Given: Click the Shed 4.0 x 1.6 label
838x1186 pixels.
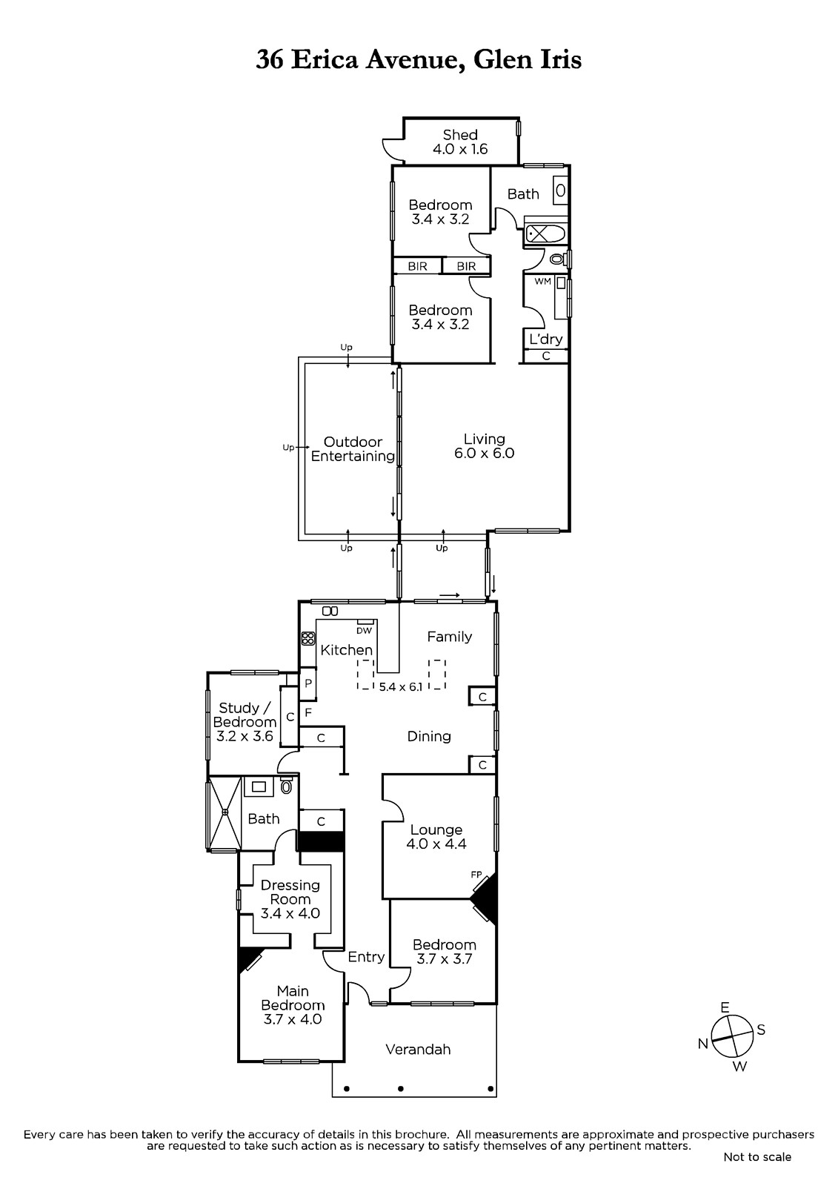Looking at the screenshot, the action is pyautogui.click(x=460, y=142).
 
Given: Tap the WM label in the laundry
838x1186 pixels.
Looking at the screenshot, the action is pyautogui.click(x=542, y=282).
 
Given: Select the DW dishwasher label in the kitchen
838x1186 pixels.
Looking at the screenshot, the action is pyautogui.click(x=365, y=631).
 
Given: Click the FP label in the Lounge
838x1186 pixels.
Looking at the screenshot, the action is pyautogui.click(x=476, y=875).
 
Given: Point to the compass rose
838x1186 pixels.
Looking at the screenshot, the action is pyautogui.click(x=732, y=1036).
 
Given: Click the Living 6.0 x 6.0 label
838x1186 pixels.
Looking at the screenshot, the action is pyautogui.click(x=484, y=445).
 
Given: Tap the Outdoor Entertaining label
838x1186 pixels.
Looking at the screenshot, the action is pyautogui.click(x=353, y=449).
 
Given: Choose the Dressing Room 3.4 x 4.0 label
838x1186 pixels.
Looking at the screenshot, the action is pyautogui.click(x=290, y=899).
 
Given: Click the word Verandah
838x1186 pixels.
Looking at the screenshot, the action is pyautogui.click(x=418, y=1050).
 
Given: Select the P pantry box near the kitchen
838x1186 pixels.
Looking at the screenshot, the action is pyautogui.click(x=307, y=683).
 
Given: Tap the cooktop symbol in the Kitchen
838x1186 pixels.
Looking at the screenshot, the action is pyautogui.click(x=307, y=638).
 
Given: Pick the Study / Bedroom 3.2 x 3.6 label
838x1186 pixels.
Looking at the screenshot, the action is pyautogui.click(x=245, y=722).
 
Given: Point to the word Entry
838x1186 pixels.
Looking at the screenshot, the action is pyautogui.click(x=366, y=957).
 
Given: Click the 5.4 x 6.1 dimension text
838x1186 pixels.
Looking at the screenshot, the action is pyautogui.click(x=401, y=687).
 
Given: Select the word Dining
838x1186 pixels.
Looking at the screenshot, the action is pyautogui.click(x=429, y=737).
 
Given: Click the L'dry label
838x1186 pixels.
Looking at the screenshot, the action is pyautogui.click(x=545, y=339).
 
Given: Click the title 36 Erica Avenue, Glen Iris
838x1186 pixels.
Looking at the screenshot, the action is pyautogui.click(x=419, y=59).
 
